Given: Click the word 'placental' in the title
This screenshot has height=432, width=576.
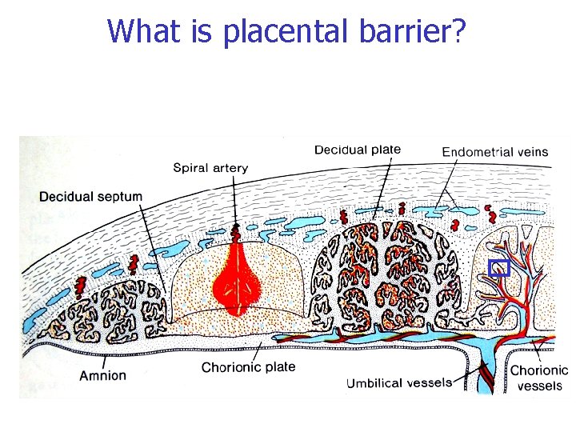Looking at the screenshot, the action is [x=285, y=31].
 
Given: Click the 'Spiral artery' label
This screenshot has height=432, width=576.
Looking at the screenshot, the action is [x=210, y=168].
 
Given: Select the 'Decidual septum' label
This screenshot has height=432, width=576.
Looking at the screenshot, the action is [x=90, y=197].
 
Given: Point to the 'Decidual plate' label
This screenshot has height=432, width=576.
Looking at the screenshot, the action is [x=358, y=150].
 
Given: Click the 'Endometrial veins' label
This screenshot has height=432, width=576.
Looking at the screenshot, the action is [x=495, y=152].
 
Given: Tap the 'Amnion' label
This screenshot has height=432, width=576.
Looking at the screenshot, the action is [x=103, y=375].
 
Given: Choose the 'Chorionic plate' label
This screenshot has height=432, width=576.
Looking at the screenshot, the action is [x=248, y=367].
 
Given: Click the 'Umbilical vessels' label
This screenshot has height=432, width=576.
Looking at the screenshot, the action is [x=399, y=383].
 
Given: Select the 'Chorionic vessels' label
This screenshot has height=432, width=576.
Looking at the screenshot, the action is [x=539, y=378].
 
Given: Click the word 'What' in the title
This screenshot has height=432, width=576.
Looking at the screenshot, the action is [x=144, y=30].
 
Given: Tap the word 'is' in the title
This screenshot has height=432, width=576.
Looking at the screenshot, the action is [x=202, y=30].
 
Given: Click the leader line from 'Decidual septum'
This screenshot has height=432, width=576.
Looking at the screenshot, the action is [x=153, y=249].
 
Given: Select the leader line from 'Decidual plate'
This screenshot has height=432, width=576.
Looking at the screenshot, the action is [x=382, y=189].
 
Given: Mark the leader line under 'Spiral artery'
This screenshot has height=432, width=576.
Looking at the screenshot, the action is [x=234, y=199].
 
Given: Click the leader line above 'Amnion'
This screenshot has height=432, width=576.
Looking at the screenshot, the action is [x=105, y=362].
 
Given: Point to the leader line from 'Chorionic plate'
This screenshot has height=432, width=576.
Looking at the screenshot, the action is [x=258, y=351].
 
